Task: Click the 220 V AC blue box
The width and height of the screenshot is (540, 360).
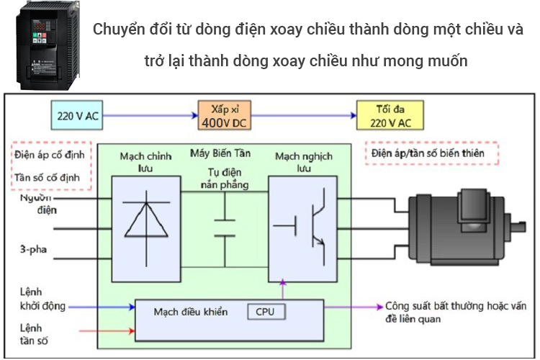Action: coord(77,114)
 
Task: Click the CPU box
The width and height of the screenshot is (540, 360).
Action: coord(266,312)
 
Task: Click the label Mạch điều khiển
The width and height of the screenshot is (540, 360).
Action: coord(190,312)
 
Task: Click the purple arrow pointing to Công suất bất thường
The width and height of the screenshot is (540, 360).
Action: coord(354,306)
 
